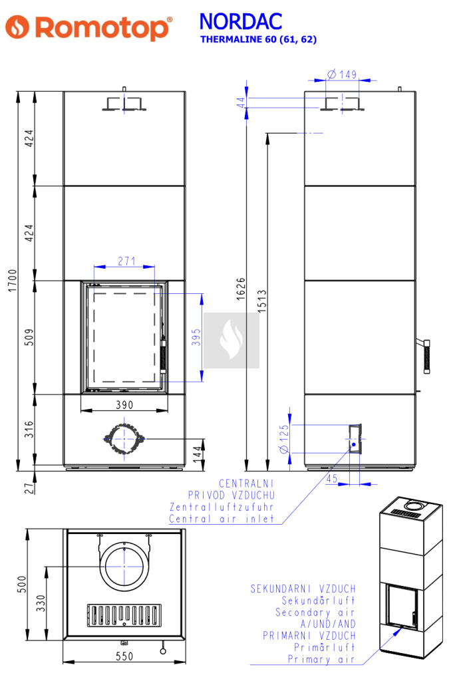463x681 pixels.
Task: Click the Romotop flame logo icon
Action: (x=17, y=27)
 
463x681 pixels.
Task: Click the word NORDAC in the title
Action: (x=241, y=21)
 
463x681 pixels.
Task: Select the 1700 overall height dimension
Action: (x=13, y=281)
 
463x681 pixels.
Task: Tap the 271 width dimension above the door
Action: (x=126, y=261)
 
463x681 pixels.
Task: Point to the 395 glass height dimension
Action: (x=196, y=337)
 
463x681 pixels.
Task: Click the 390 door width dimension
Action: (x=124, y=405)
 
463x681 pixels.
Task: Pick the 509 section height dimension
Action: (x=29, y=337)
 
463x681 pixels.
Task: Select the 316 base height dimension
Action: (x=29, y=429)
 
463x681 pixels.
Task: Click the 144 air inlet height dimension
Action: (x=198, y=454)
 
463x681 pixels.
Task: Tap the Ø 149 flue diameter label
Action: (x=342, y=74)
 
